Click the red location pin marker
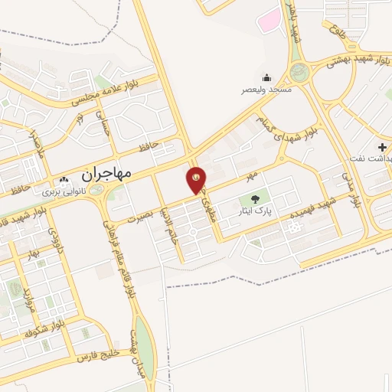196,180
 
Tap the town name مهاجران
106,174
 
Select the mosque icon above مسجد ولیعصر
266,77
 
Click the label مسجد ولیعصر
266,90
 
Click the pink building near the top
269,21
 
